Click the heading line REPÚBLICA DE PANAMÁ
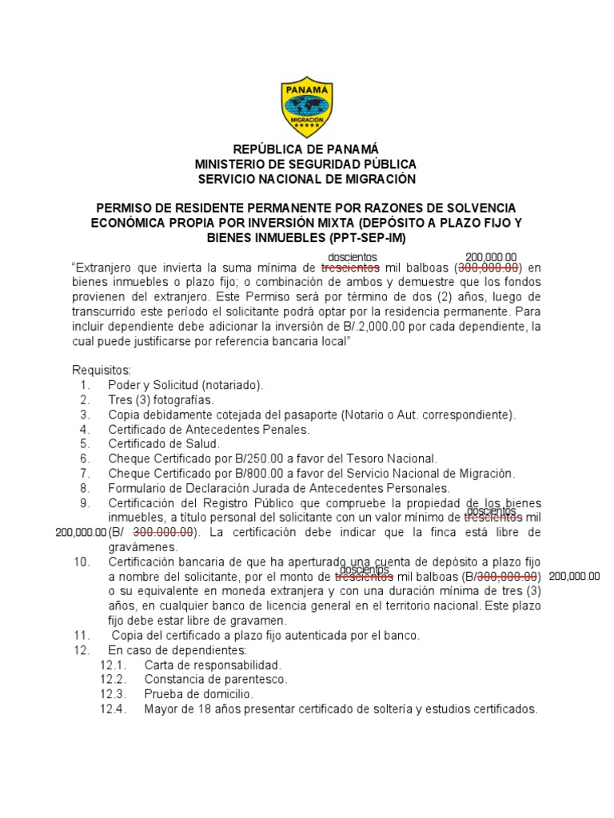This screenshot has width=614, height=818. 306,149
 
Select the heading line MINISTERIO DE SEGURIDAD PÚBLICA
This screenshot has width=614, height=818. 306,165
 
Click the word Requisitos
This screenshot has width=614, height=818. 101,370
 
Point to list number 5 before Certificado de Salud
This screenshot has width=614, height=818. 85,444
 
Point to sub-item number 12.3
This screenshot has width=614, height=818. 114,694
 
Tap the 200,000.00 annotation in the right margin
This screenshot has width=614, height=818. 574,576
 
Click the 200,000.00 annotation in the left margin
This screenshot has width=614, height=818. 81,532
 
